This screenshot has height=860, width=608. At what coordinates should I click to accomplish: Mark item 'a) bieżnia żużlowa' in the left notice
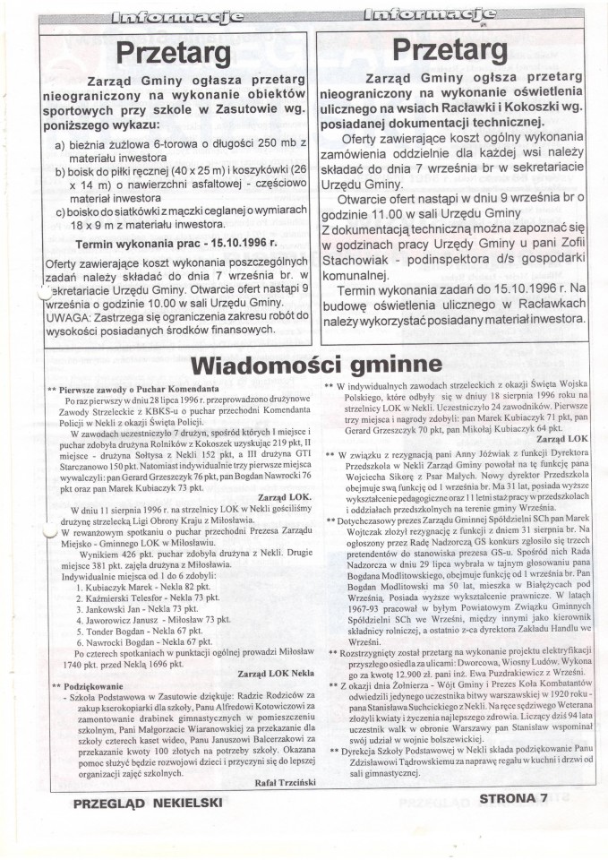(104, 144)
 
